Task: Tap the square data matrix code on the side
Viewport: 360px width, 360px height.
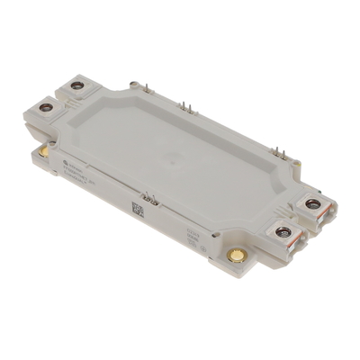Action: point(138,209)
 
